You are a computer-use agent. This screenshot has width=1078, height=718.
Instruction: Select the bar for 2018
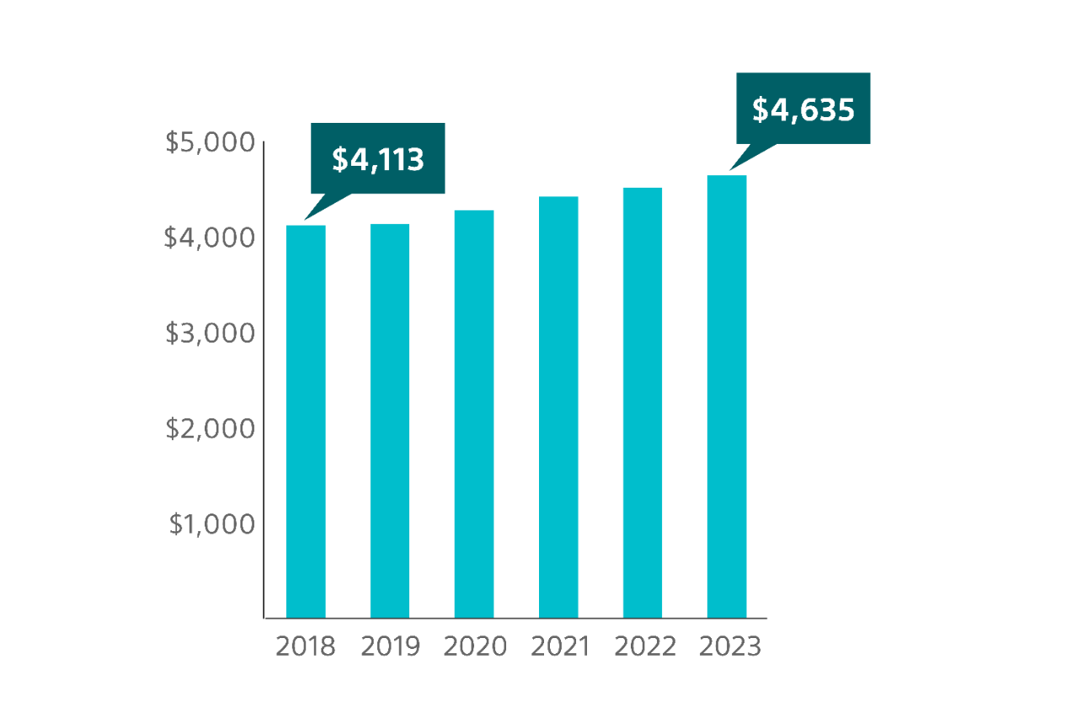(306, 421)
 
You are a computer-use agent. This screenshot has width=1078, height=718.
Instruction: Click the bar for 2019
(390, 421)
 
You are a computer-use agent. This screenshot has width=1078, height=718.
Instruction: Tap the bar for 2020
(474, 413)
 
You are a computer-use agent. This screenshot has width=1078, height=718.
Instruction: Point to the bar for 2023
(727, 396)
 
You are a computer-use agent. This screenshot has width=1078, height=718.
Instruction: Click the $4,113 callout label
(377, 159)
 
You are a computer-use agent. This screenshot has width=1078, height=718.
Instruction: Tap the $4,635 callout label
(803, 109)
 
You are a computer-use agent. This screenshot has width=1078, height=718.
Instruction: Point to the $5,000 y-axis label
(210, 142)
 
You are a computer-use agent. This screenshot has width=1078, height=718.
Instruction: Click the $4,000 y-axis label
(210, 238)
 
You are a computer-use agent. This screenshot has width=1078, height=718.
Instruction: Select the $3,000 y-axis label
(210, 333)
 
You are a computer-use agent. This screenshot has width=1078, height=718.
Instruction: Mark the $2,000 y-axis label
(210, 428)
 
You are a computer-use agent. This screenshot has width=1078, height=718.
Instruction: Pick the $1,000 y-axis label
(211, 524)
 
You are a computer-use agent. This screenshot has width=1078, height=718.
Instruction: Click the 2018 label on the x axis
(306, 646)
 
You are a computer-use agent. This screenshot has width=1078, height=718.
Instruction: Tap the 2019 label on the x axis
(390, 646)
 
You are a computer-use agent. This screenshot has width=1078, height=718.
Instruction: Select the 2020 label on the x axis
(475, 646)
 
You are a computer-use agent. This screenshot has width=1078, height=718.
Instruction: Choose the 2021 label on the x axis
(559, 646)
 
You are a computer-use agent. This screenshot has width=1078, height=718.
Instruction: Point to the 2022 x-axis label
(644, 646)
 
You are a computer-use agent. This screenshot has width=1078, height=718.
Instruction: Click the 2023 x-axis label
(729, 646)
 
